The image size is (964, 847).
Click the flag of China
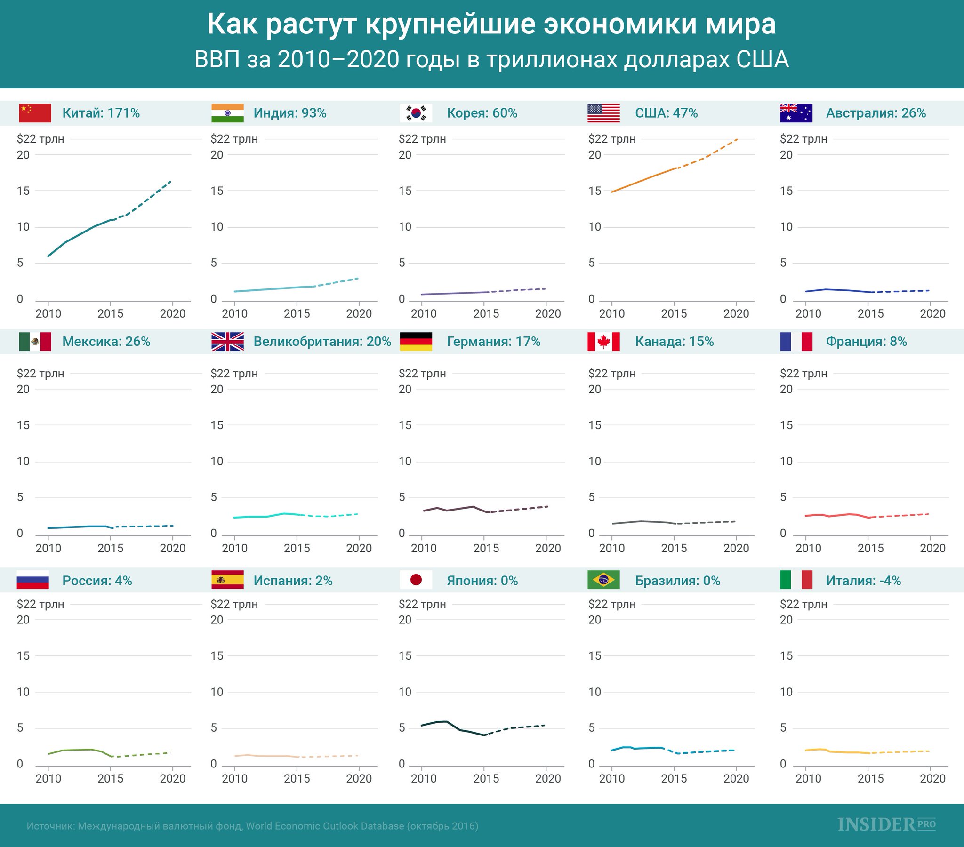point(35,113)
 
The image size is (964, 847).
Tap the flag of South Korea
point(416,113)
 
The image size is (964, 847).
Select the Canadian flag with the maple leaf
point(603,342)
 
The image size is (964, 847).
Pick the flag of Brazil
point(603,580)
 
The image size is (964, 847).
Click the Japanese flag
point(416,580)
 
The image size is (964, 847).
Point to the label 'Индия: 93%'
point(289,113)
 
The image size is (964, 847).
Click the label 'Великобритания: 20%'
point(322,342)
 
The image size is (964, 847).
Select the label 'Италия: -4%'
point(863,581)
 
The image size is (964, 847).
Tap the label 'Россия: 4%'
point(96,581)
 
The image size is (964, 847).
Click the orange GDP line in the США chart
point(644,180)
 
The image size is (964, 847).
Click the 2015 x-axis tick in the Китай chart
point(110,313)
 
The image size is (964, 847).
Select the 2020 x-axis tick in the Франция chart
point(932,548)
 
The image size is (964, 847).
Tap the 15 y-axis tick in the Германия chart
point(405,425)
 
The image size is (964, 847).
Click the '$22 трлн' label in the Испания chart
point(234,604)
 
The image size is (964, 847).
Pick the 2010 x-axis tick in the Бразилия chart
point(612,779)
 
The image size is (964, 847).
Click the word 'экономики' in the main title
point(620,24)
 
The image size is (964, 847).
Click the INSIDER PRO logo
point(886,824)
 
